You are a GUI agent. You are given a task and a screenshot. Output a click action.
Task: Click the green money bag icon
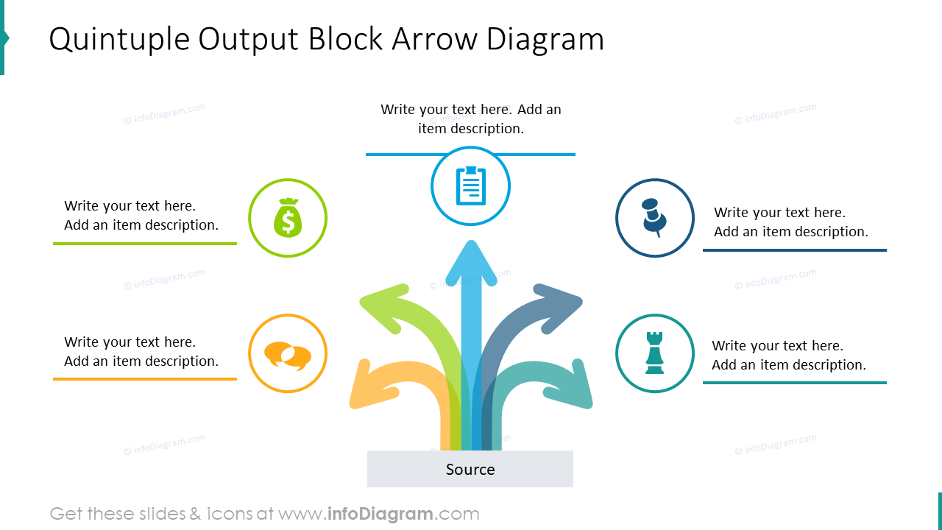(288, 218)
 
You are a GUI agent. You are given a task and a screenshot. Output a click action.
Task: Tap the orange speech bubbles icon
(288, 355)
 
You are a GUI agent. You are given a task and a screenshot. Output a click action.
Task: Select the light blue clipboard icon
(470, 185)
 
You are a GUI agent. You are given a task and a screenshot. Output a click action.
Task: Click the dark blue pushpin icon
(654, 217)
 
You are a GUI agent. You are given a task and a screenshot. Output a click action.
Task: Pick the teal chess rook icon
(654, 353)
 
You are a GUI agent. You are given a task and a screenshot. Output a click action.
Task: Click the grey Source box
(470, 469)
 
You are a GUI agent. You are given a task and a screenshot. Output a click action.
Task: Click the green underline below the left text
(145, 244)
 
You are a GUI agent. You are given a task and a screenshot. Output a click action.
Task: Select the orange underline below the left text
(145, 379)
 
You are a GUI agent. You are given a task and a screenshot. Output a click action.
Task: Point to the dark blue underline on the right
(794, 250)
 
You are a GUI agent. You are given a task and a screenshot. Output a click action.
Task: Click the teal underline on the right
(794, 383)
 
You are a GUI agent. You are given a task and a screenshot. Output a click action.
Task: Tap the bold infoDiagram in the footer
(379, 514)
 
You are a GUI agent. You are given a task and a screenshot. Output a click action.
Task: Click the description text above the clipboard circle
(470, 119)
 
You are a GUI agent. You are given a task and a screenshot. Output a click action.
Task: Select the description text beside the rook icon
(789, 355)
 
